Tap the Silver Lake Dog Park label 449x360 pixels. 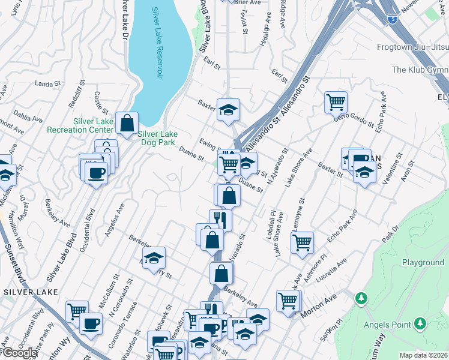[160, 139]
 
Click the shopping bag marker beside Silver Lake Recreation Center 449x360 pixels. [127, 124]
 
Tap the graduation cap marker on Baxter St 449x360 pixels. [228, 110]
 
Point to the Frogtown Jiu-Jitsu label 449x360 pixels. [412, 47]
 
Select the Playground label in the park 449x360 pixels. [423, 263]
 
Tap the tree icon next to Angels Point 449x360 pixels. [421, 325]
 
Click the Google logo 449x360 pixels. [20, 353]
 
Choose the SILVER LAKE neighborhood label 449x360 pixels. [31, 292]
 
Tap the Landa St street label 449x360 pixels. [44, 83]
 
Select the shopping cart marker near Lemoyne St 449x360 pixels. [302, 242]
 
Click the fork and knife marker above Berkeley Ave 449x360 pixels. [220, 220]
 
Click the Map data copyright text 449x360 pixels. [423, 355]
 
